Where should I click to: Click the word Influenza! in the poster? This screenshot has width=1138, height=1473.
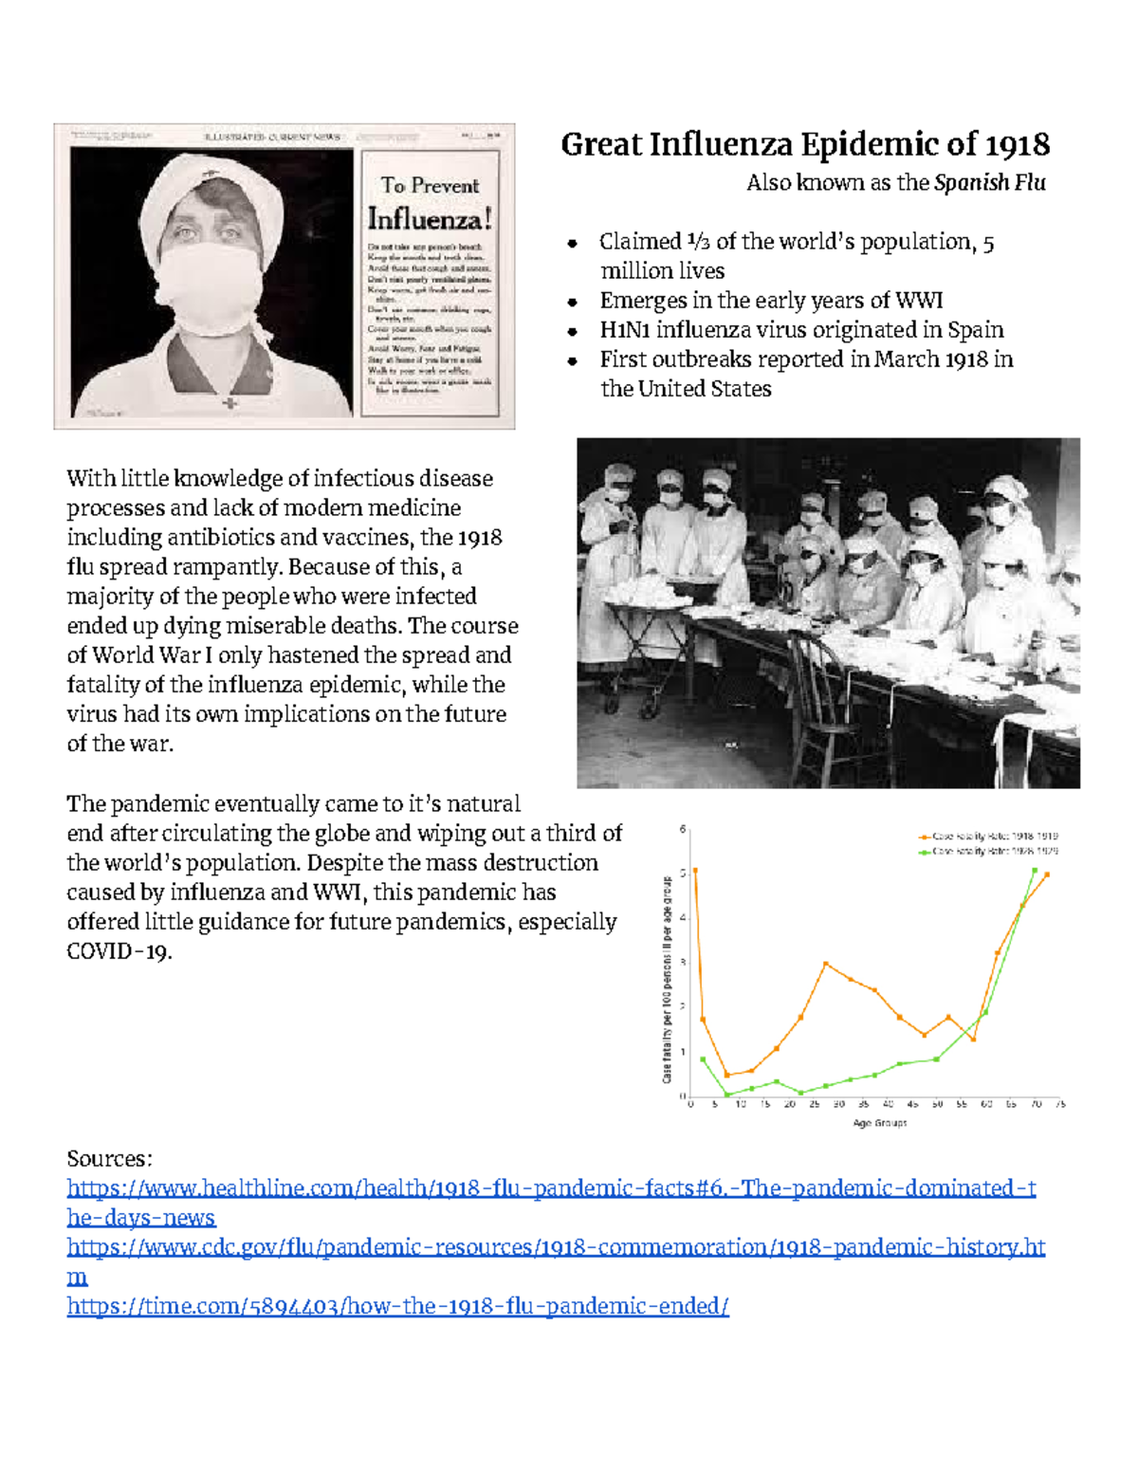[430, 219]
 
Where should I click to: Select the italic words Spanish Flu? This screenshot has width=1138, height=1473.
[989, 183]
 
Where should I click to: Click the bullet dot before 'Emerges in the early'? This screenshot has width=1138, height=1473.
[572, 303]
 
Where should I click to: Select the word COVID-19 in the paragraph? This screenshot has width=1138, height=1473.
[118, 951]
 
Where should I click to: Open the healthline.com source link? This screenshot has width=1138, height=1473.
[550, 1188]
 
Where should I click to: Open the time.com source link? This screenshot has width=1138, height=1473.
[397, 1306]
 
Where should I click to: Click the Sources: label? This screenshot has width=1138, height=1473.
[109, 1159]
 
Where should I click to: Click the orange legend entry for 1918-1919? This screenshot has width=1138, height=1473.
[987, 837]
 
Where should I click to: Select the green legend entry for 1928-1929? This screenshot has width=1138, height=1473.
[987, 851]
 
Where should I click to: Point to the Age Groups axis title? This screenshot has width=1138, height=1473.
[879, 1123]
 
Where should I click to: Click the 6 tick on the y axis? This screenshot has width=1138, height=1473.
[683, 830]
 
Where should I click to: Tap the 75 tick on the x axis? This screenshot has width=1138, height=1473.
[1060, 1104]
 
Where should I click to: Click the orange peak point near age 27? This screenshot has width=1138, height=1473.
[826, 964]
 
